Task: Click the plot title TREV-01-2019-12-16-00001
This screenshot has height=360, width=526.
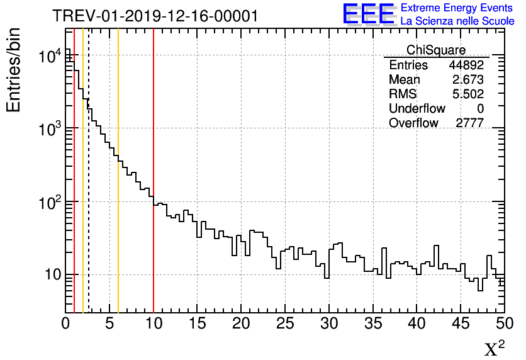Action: pyautogui.click(x=155, y=16)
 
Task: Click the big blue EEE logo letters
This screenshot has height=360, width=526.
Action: pyautogui.click(x=369, y=14)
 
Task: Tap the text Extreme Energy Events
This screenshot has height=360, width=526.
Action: pyautogui.click(x=457, y=8)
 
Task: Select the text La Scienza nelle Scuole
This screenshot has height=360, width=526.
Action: pyautogui.click(x=457, y=21)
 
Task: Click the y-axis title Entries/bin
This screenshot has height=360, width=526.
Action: pyautogui.click(x=13, y=70)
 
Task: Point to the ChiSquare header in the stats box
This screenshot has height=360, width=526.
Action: pyautogui.click(x=436, y=50)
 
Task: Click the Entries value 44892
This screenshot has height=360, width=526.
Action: pyautogui.click(x=466, y=65)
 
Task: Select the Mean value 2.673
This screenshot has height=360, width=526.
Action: pyautogui.click(x=468, y=80)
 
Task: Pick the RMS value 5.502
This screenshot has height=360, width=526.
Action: pyautogui.click(x=468, y=94)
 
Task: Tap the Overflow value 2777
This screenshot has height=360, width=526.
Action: pyautogui.click(x=469, y=123)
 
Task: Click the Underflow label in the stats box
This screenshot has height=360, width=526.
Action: pyautogui.click(x=417, y=109)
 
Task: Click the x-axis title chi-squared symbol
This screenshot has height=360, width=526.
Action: pyautogui.click(x=495, y=348)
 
